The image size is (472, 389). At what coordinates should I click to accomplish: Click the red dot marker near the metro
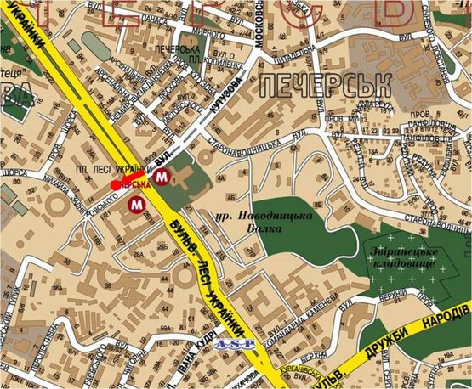point(116,184)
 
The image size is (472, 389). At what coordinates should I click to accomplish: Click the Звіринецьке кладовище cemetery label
point(401,259)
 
